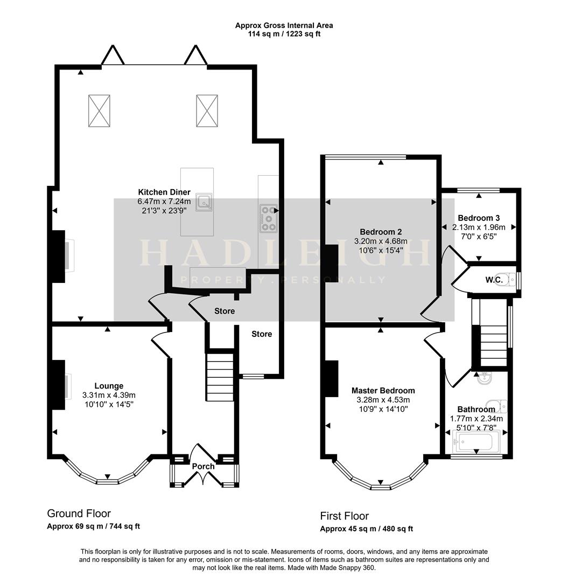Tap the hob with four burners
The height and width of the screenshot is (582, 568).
(x=268, y=218)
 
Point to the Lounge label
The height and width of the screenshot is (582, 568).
(x=109, y=386)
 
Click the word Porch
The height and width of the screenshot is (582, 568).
(x=204, y=466)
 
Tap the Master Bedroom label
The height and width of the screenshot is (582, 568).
(x=383, y=391)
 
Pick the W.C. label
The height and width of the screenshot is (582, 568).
(x=494, y=280)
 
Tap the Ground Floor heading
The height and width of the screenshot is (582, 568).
(x=79, y=514)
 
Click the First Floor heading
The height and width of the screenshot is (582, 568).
(x=345, y=516)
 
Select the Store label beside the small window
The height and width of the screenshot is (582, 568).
(x=262, y=334)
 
